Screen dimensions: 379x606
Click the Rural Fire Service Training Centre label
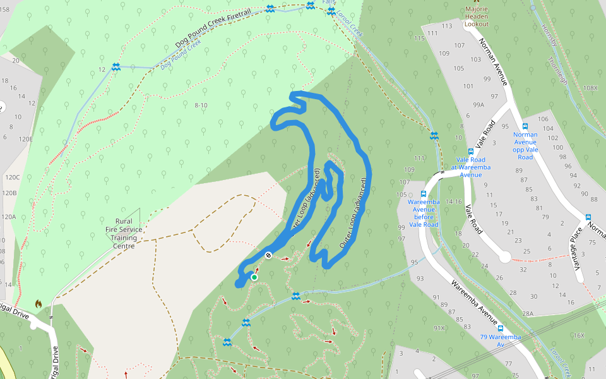coord(123,233)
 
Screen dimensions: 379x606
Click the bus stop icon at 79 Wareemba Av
coord(501,328)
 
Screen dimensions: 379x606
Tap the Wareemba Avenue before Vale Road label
coord(424,213)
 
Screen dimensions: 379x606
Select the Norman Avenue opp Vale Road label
coord(525,145)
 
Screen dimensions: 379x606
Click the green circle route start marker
coord(254,277)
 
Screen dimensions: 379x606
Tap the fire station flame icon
coord(39,304)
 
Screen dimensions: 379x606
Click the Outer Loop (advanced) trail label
coord(354,212)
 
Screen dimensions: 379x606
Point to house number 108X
coord(590,88)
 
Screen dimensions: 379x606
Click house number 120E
coord(25,139)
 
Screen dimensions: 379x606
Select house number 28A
coord(527,313)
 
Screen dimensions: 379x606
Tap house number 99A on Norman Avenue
coord(478,105)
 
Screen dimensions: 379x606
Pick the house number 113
coord(448,26)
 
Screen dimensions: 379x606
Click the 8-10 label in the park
coord(201,105)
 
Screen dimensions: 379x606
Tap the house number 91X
coord(439,328)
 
